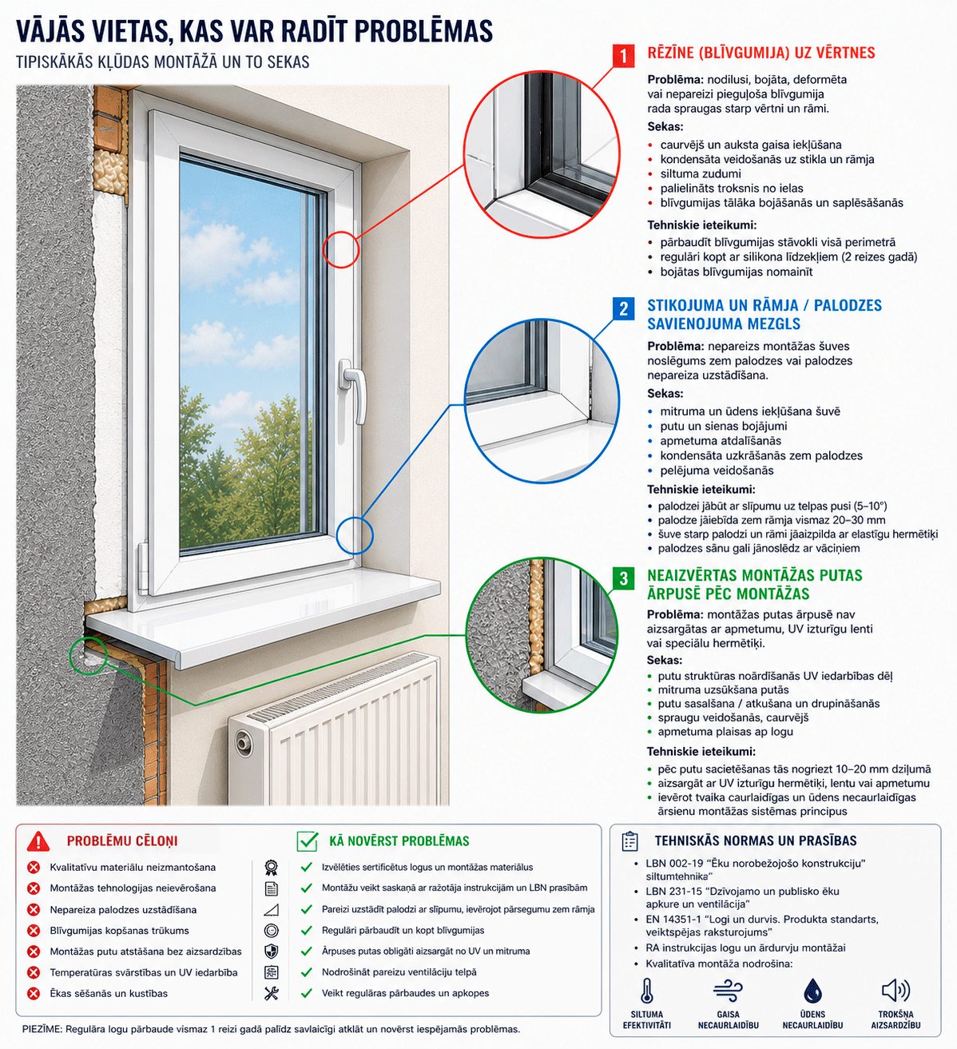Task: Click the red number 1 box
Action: [x=623, y=55]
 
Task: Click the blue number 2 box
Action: [x=623, y=308]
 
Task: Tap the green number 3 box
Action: [x=623, y=578]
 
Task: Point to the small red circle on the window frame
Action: [x=341, y=249]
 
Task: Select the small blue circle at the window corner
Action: [x=355, y=535]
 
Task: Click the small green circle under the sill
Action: [x=89, y=656]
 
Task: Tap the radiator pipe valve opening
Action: [x=243, y=742]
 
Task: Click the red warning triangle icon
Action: [x=38, y=841]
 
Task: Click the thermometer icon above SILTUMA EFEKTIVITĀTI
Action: [x=647, y=990]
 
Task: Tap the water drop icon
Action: [x=812, y=990]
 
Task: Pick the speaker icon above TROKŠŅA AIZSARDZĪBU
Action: [x=895, y=990]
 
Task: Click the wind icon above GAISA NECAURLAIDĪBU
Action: [x=728, y=990]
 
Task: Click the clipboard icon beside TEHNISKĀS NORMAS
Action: [x=630, y=840]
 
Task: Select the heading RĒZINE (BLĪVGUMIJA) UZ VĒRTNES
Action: [x=761, y=53]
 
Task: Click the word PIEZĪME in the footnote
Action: [x=42, y=1029]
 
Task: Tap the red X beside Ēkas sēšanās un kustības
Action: [x=34, y=993]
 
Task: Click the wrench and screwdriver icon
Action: [x=272, y=993]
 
